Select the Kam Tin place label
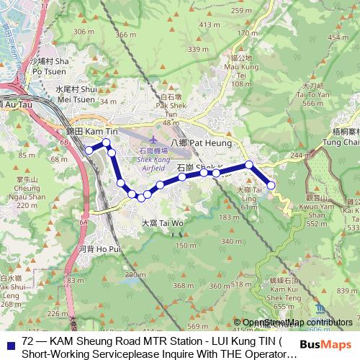(x=86, y=133)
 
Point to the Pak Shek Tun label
(x=170, y=108)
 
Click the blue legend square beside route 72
(x=9, y=343)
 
